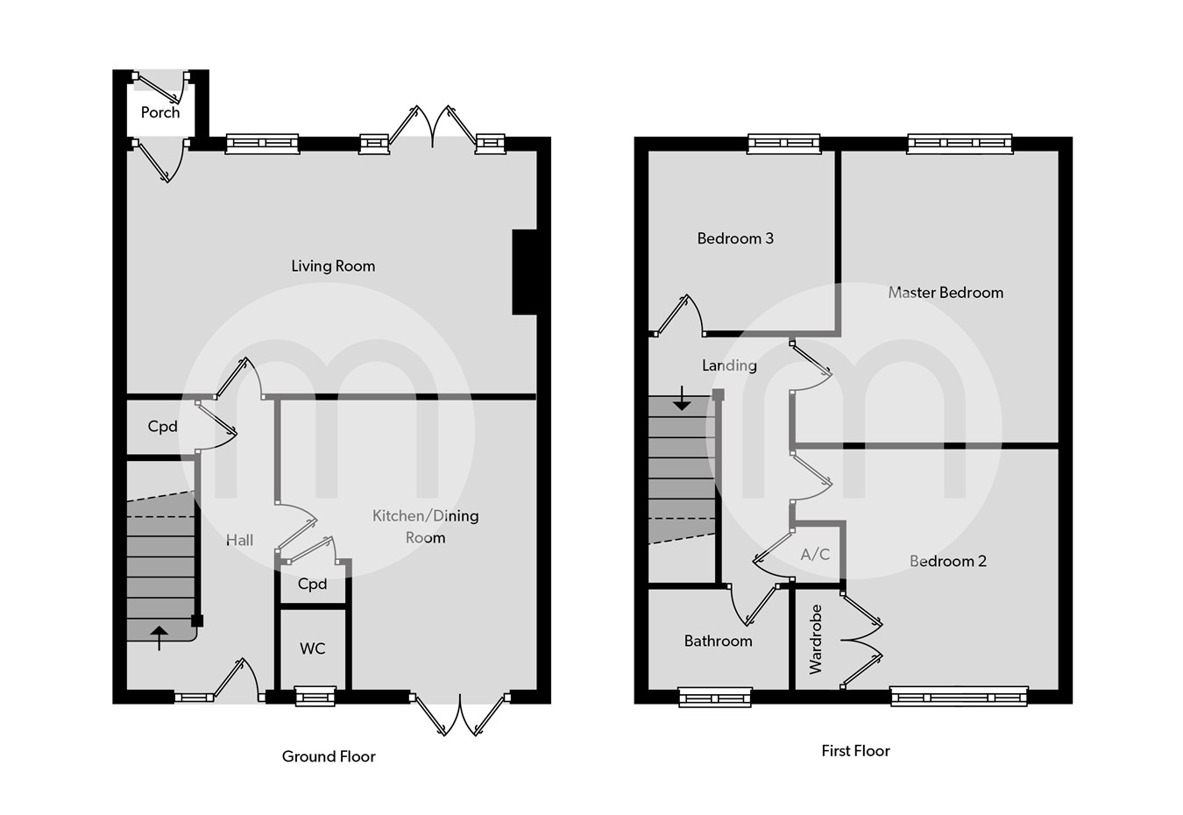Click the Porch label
click(160, 112)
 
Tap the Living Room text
click(333, 266)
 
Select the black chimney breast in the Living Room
click(524, 272)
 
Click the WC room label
click(312, 648)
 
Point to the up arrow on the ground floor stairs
click(159, 637)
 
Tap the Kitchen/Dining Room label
click(425, 526)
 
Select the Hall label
click(239, 540)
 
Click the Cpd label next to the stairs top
click(162, 426)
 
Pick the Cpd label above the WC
click(312, 584)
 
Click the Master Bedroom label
click(946, 293)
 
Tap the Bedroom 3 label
click(735, 238)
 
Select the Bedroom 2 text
click(947, 561)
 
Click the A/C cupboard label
click(815, 554)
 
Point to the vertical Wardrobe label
click(816, 639)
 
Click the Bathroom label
click(718, 641)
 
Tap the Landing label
click(729, 365)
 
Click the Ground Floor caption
click(329, 756)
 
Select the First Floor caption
click(855, 750)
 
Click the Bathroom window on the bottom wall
click(715, 698)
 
